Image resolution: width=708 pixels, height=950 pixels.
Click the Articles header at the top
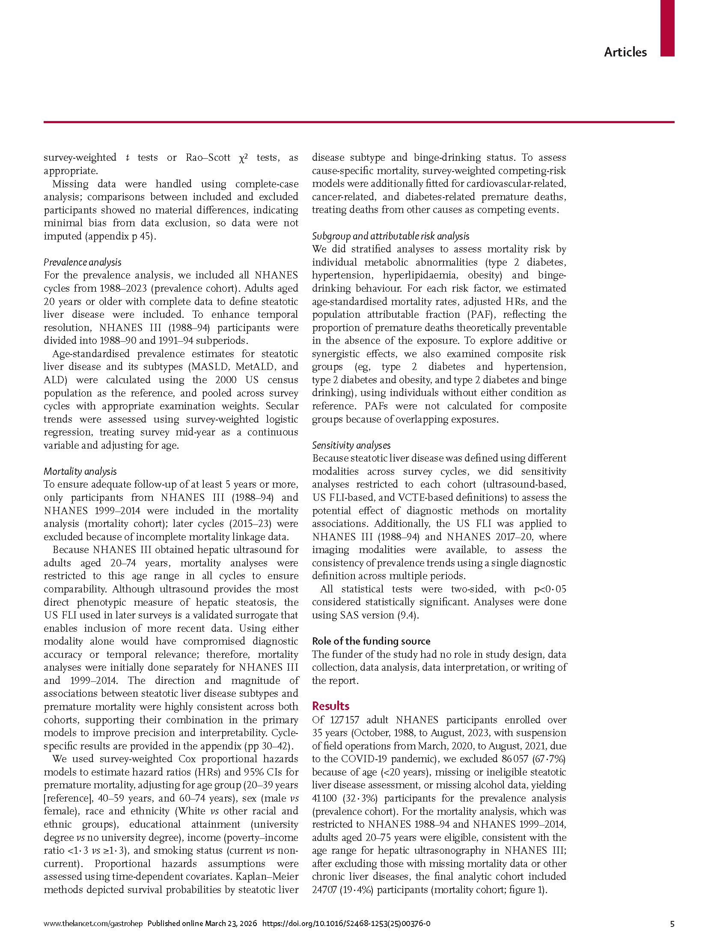coord(625,52)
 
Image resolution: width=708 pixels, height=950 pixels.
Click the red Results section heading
coord(330,706)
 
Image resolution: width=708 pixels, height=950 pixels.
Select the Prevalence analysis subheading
coord(82,262)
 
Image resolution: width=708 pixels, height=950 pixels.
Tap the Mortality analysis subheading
coord(80,471)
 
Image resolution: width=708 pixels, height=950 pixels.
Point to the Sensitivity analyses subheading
coord(351,445)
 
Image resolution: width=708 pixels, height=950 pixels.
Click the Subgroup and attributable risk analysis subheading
coord(390,236)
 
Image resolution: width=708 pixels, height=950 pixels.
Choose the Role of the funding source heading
coord(371,641)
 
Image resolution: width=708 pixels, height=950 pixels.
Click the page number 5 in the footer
coord(672,923)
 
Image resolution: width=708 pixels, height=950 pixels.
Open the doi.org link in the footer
coord(346,923)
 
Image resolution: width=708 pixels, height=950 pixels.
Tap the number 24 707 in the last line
coord(324,890)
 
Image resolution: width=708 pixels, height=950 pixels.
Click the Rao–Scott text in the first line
coord(208,157)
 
